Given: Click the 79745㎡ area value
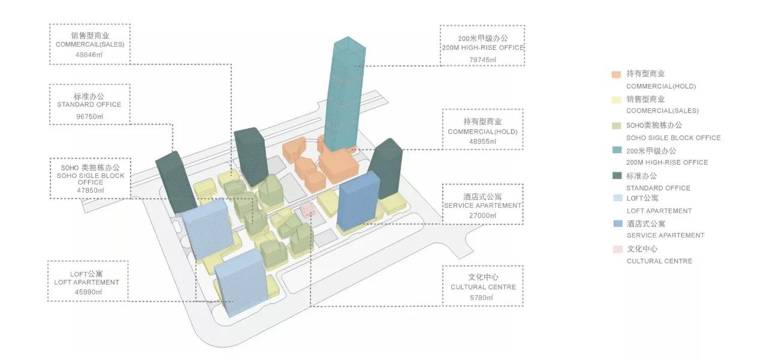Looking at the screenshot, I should coord(482,59).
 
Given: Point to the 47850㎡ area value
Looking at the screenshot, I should coord(90,190).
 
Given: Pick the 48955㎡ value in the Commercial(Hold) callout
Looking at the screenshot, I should coord(482,141).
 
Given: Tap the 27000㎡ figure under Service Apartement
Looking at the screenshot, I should coord(482,215).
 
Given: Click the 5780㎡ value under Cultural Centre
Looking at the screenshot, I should coord(482,297).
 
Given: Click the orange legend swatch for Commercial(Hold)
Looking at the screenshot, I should coord(615,75).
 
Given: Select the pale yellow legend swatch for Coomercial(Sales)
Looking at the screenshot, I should coord(615,99).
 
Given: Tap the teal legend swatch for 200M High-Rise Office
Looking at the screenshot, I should coord(615,150).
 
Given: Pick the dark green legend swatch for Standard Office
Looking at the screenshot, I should coord(615,176).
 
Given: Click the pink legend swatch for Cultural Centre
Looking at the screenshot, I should coord(615,249).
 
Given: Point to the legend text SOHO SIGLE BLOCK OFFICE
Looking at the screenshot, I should coord(674,138).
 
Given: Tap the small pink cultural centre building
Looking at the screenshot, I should coord(307,210).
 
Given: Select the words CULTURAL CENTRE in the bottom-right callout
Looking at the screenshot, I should coord(483,287).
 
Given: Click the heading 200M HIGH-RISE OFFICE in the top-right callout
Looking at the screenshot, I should coord(482,48).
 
